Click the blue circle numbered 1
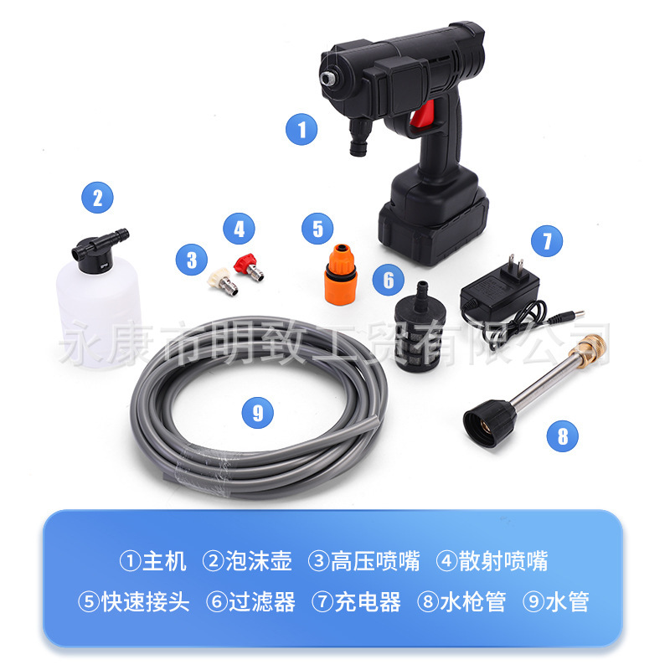pyautogui.click(x=302, y=130)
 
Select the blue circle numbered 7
pyautogui.click(x=546, y=242)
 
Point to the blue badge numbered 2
pyautogui.click(x=97, y=198)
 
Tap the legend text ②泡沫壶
pyautogui.click(x=247, y=560)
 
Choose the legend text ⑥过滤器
pyautogui.click(x=250, y=601)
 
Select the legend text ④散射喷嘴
pyautogui.click(x=492, y=560)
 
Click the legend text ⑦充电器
pyautogui.click(x=356, y=601)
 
